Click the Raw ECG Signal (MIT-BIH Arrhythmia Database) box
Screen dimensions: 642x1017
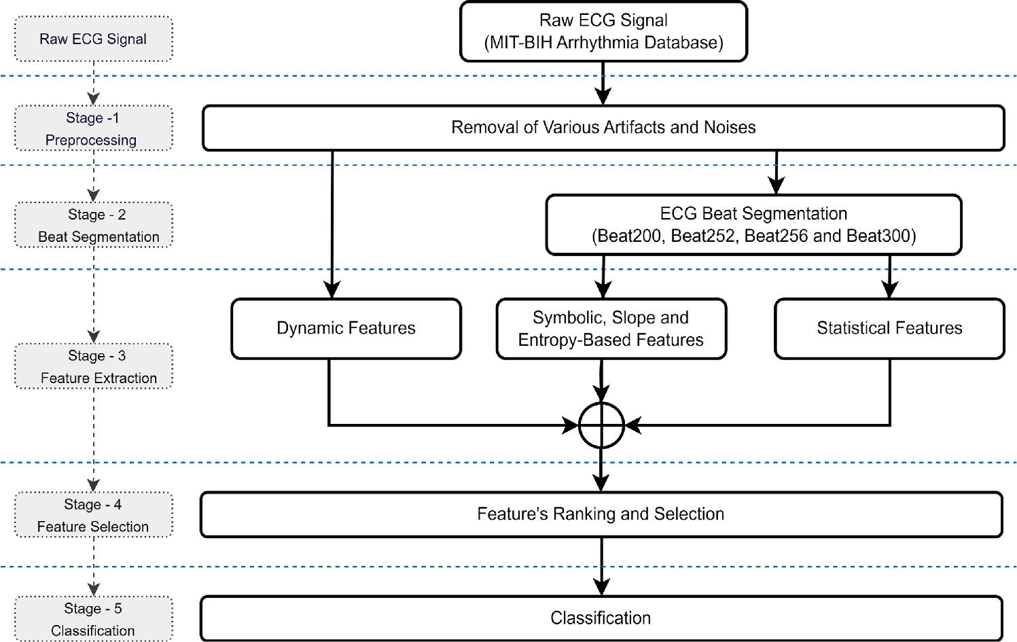(x=603, y=31)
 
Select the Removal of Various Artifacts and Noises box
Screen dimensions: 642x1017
(x=603, y=128)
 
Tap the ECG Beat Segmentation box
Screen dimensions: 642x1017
(x=753, y=225)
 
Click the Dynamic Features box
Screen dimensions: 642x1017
(x=346, y=328)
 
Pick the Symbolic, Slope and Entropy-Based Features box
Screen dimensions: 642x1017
(x=611, y=328)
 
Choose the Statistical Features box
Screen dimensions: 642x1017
(x=889, y=328)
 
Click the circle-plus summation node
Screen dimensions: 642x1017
(x=601, y=426)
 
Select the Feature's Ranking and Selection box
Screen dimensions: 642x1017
(x=601, y=514)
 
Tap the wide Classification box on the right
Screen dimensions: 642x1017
(x=601, y=618)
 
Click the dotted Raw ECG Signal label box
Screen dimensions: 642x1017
(x=93, y=39)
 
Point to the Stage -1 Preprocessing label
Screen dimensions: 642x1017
(x=93, y=128)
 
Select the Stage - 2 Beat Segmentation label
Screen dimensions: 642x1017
(x=93, y=225)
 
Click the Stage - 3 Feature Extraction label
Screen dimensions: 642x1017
(x=93, y=366)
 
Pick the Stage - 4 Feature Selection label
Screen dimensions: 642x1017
(x=93, y=515)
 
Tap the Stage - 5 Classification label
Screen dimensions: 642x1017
(x=93, y=619)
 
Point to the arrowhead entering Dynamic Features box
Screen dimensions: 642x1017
(x=332, y=290)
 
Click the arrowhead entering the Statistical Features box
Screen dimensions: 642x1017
(x=889, y=290)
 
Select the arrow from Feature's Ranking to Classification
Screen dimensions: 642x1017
(x=601, y=567)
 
